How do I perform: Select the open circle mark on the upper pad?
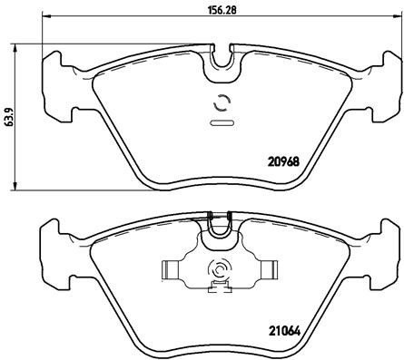click(220, 102)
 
